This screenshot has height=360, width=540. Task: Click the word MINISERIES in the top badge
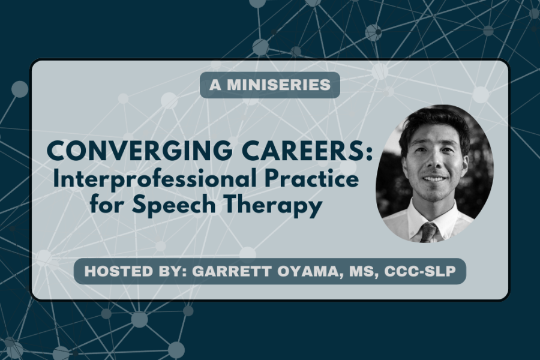click(x=278, y=85)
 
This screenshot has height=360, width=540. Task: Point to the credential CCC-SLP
click(x=420, y=271)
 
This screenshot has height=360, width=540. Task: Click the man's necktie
click(x=428, y=232)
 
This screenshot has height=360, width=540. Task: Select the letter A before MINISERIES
click(x=215, y=85)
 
